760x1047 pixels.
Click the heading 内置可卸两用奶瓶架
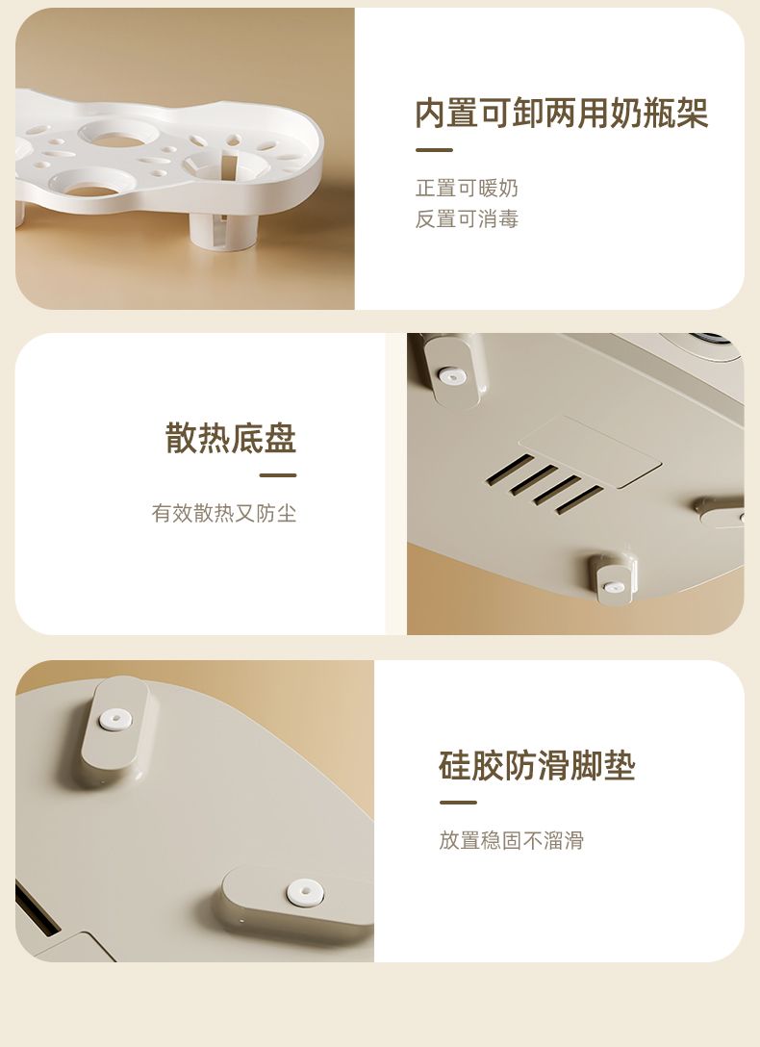click(x=561, y=113)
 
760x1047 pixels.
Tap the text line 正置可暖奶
click(x=467, y=189)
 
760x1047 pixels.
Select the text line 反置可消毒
click(x=467, y=219)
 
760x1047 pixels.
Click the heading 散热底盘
click(x=231, y=438)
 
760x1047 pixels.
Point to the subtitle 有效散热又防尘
click(x=224, y=513)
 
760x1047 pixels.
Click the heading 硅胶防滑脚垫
click(x=537, y=765)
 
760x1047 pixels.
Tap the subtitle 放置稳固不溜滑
click(x=511, y=840)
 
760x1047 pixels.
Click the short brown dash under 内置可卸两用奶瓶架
click(x=434, y=150)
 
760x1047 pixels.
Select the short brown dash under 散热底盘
click(x=278, y=475)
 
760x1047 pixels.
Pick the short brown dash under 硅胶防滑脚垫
click(x=458, y=803)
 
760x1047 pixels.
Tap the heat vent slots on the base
click(x=545, y=484)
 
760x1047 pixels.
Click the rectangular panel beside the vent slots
click(x=590, y=450)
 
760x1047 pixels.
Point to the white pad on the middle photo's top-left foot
click(x=452, y=376)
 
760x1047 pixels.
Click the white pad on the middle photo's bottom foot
click(x=613, y=588)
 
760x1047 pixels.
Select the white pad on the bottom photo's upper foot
click(x=115, y=719)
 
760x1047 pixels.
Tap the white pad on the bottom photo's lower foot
click(x=305, y=893)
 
